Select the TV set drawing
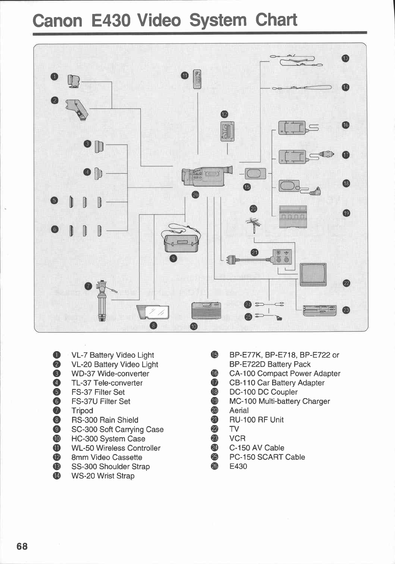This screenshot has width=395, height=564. (x=313, y=273)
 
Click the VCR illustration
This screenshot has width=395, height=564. (x=320, y=310)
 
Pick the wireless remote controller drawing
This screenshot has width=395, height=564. (x=198, y=79)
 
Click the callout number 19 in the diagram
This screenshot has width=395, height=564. (x=346, y=213)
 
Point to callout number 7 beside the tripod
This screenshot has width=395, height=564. (x=88, y=286)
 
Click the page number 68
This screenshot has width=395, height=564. (x=22, y=546)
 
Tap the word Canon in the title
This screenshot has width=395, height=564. (x=57, y=20)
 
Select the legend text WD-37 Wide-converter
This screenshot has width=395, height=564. (x=110, y=374)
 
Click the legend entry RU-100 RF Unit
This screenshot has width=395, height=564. (x=256, y=420)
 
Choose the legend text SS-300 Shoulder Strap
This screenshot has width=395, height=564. (x=110, y=467)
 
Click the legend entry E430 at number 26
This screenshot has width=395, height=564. (x=238, y=467)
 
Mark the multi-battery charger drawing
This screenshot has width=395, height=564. (x=293, y=217)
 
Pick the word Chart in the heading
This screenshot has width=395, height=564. (x=276, y=20)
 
